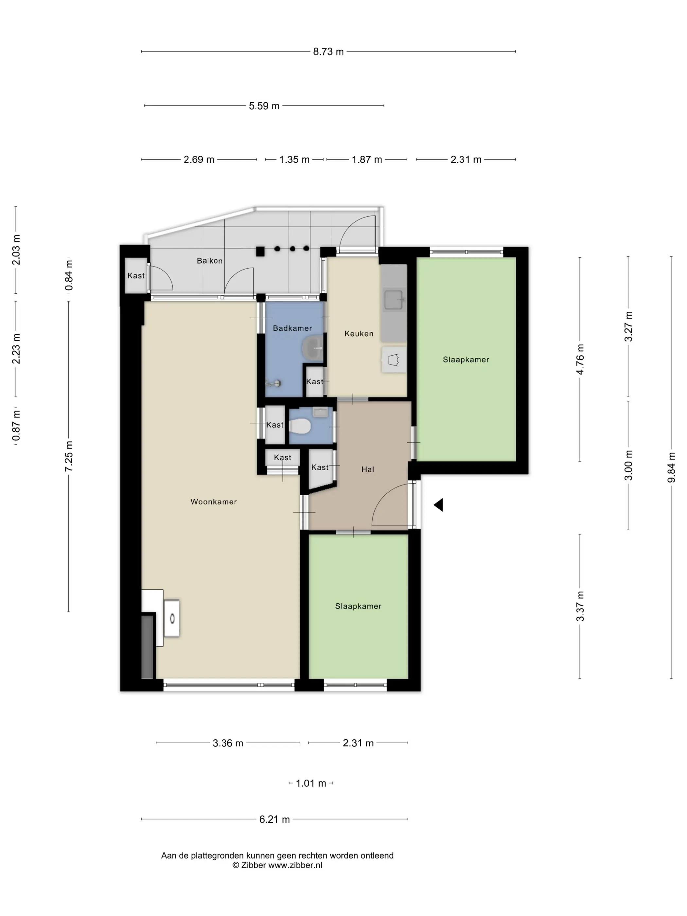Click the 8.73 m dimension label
pos(328,52)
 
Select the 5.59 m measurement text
pos(264,106)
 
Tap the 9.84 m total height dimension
pos(671,467)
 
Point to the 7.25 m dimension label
pos(69,456)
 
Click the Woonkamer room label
pos(214,502)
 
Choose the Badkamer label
pos(292,328)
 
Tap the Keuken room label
pos(359,334)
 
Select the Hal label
pos(368,469)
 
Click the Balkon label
pos(210,261)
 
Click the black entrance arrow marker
pos(439,505)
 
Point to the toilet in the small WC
pos(299,427)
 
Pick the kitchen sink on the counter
pos(394,300)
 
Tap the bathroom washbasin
pos(313,347)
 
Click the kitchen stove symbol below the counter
pos(394,360)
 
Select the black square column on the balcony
pos(260,251)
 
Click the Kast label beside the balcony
pos(136,276)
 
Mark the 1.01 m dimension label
pos(310,784)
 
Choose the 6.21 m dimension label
pos(274,819)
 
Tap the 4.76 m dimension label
pos(580,360)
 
